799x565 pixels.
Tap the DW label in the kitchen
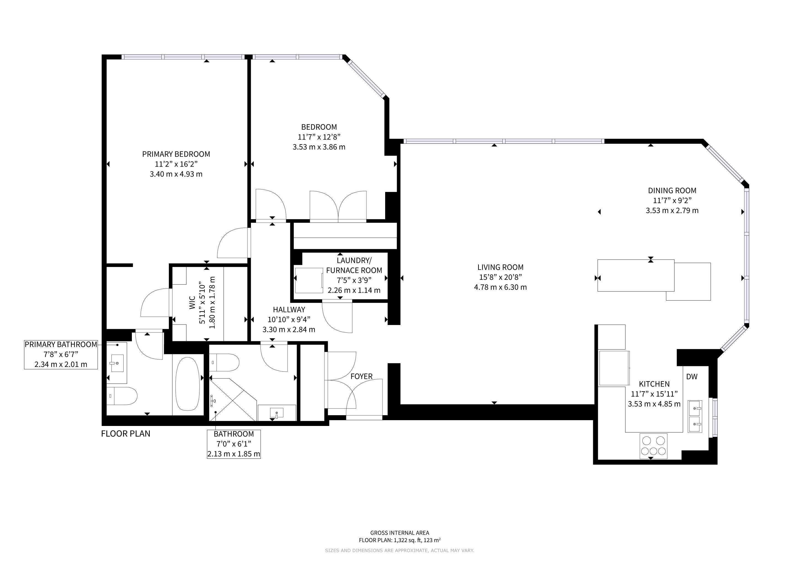pyautogui.click(x=692, y=376)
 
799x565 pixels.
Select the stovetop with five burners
pyautogui.click(x=654, y=446)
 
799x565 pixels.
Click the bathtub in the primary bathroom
pyautogui.click(x=188, y=384)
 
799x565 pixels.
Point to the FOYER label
pyautogui.click(x=361, y=376)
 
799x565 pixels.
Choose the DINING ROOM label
pyautogui.click(x=672, y=191)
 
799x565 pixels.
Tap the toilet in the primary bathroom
pyautogui.click(x=122, y=396)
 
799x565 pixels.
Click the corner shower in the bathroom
pyautogui.click(x=233, y=399)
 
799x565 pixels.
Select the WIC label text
pyautogui.click(x=192, y=303)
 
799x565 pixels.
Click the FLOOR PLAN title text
pyautogui.click(x=126, y=434)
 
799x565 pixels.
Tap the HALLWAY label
pyautogui.click(x=289, y=310)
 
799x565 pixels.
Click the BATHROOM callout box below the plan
pyautogui.click(x=234, y=444)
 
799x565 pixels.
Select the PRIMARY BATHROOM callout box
pyautogui.click(x=61, y=355)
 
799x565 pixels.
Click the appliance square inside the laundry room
pyautogui.click(x=309, y=280)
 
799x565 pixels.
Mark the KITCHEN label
pyautogui.click(x=654, y=384)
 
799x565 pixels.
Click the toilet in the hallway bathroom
pyautogui.click(x=225, y=363)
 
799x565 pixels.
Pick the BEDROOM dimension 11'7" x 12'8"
pyautogui.click(x=319, y=137)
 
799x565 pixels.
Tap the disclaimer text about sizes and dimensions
pyautogui.click(x=399, y=550)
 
